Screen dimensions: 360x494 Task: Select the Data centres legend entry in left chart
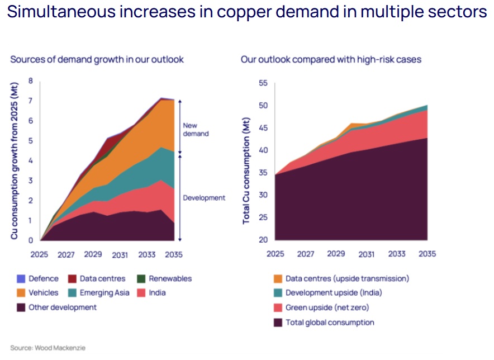[102, 278]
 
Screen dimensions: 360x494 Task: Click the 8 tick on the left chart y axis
[31, 81]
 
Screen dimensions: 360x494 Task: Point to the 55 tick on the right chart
[263, 83]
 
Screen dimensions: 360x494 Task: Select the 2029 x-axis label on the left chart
[93, 255]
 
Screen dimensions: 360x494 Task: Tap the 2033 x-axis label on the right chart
[397, 254]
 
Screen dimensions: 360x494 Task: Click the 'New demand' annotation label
[196, 130]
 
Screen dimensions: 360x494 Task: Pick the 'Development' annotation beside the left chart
[204, 198]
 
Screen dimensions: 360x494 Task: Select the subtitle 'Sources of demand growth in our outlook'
[97, 59]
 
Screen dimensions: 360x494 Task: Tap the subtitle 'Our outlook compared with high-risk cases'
[331, 59]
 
